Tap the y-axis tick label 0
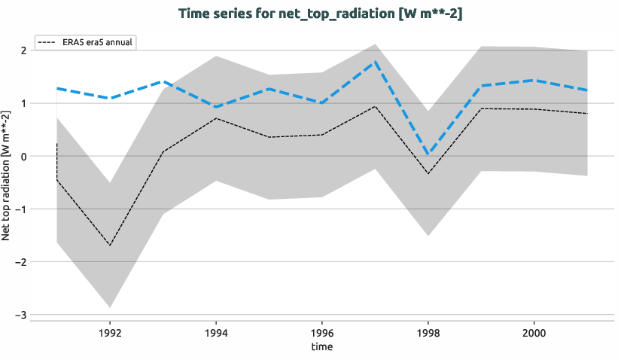[x=24, y=156]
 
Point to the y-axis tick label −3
[x=22, y=315]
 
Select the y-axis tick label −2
[x=22, y=262]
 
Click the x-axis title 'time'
[x=322, y=346]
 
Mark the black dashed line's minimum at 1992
[x=110, y=246]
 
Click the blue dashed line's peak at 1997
[x=375, y=62]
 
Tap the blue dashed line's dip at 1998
[x=428, y=154]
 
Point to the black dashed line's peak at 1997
[x=375, y=106]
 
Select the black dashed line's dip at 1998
[x=428, y=174]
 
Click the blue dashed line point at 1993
[x=163, y=81]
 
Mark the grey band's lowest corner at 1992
[x=110, y=307]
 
